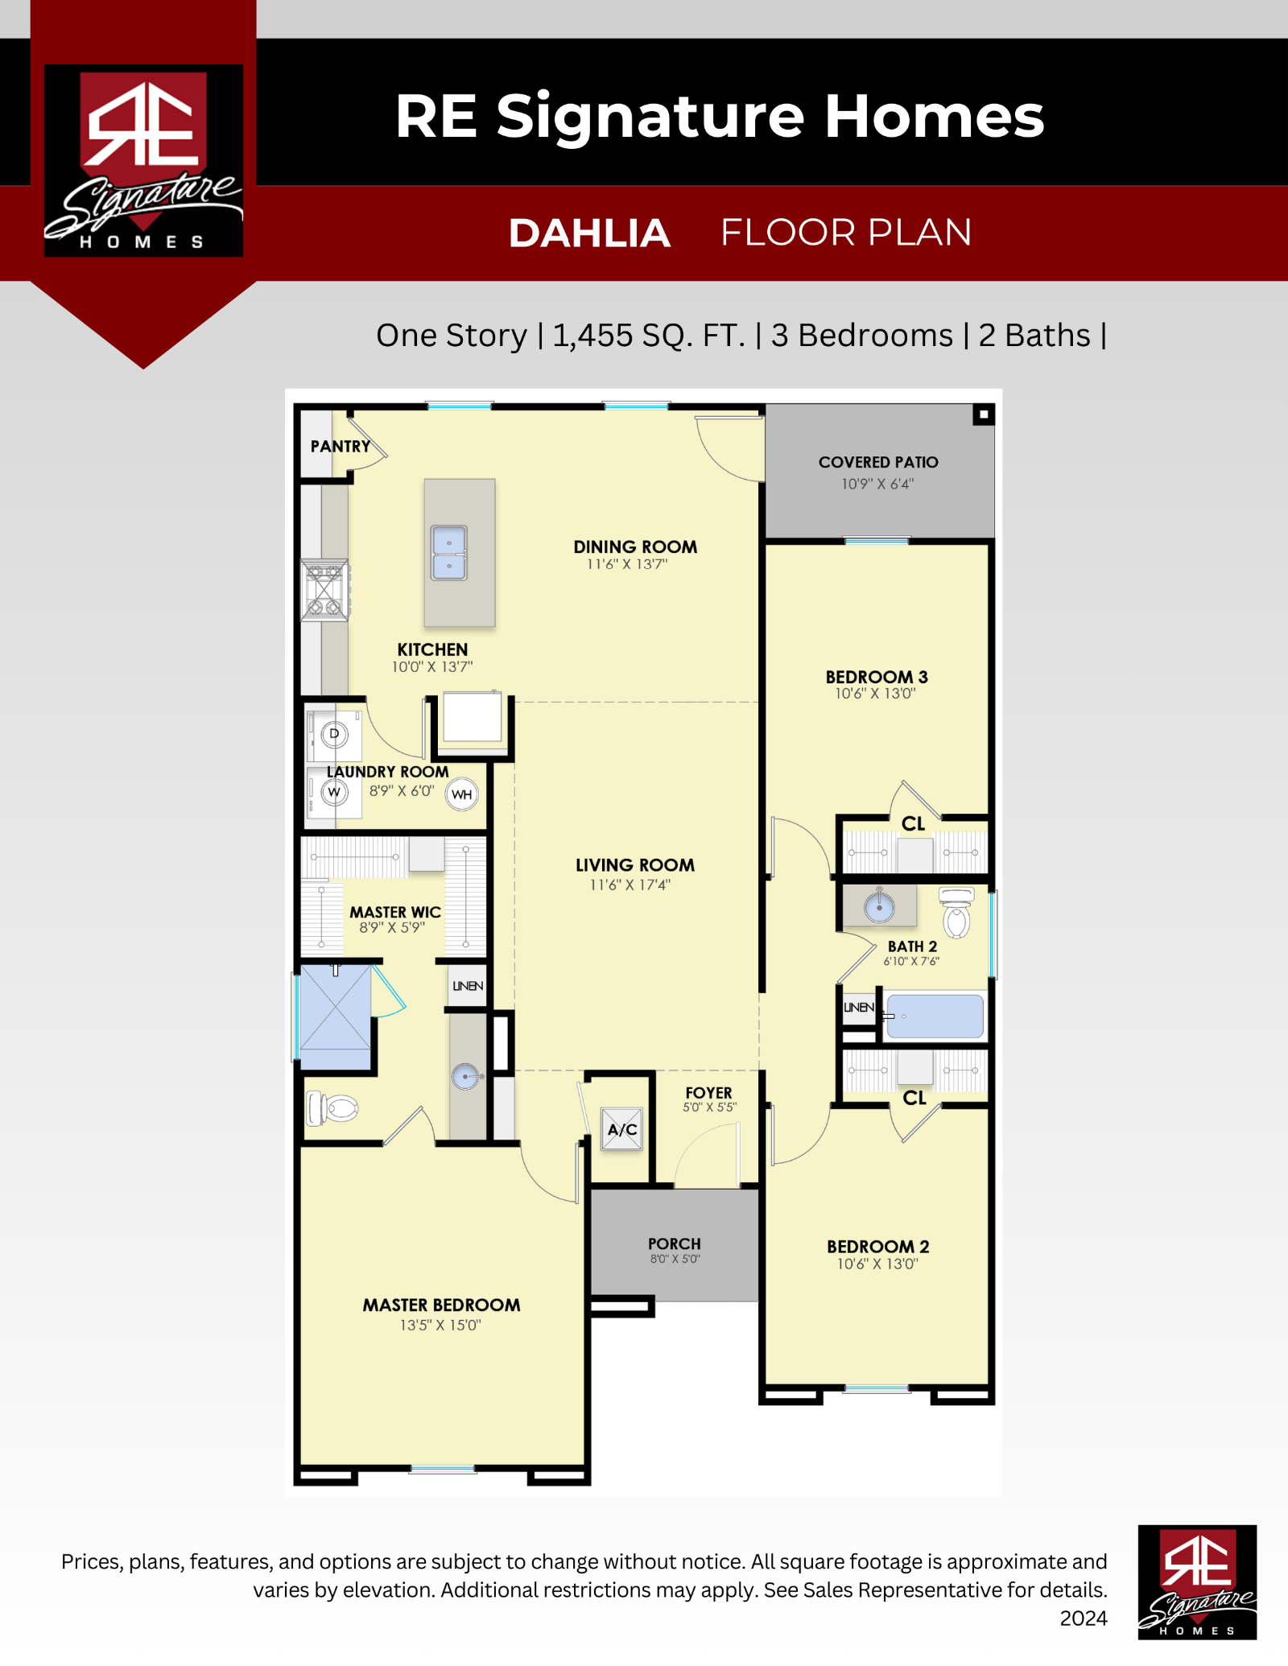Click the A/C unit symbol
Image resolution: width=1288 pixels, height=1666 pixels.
tap(622, 1128)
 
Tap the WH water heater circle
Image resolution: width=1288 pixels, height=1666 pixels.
tap(462, 794)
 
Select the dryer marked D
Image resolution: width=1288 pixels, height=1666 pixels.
tap(334, 734)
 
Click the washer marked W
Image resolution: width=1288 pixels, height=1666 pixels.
tap(334, 792)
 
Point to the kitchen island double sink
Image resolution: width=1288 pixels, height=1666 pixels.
tap(449, 552)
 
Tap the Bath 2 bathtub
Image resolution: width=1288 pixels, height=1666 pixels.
tap(934, 1017)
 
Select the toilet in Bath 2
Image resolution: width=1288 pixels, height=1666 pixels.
tap(957, 913)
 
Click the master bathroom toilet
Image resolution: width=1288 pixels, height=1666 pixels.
tap(332, 1108)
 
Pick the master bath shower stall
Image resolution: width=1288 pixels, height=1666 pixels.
tap(335, 1017)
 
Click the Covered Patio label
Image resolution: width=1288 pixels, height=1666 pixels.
tap(878, 462)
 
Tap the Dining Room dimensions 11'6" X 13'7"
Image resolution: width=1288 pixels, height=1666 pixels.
tap(627, 564)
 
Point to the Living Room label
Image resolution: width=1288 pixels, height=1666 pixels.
tap(635, 865)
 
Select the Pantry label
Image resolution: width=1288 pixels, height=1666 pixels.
tap(341, 446)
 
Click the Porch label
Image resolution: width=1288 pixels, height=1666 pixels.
tap(675, 1243)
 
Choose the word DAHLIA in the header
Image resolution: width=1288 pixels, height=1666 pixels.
tap(589, 233)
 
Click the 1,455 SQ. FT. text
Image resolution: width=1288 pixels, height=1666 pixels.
tap(649, 336)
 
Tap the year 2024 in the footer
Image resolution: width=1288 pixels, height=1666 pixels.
tap(1084, 1618)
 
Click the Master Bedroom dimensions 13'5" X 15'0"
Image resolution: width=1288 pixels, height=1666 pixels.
tap(440, 1325)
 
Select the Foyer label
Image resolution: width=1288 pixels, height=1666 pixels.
tap(709, 1092)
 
